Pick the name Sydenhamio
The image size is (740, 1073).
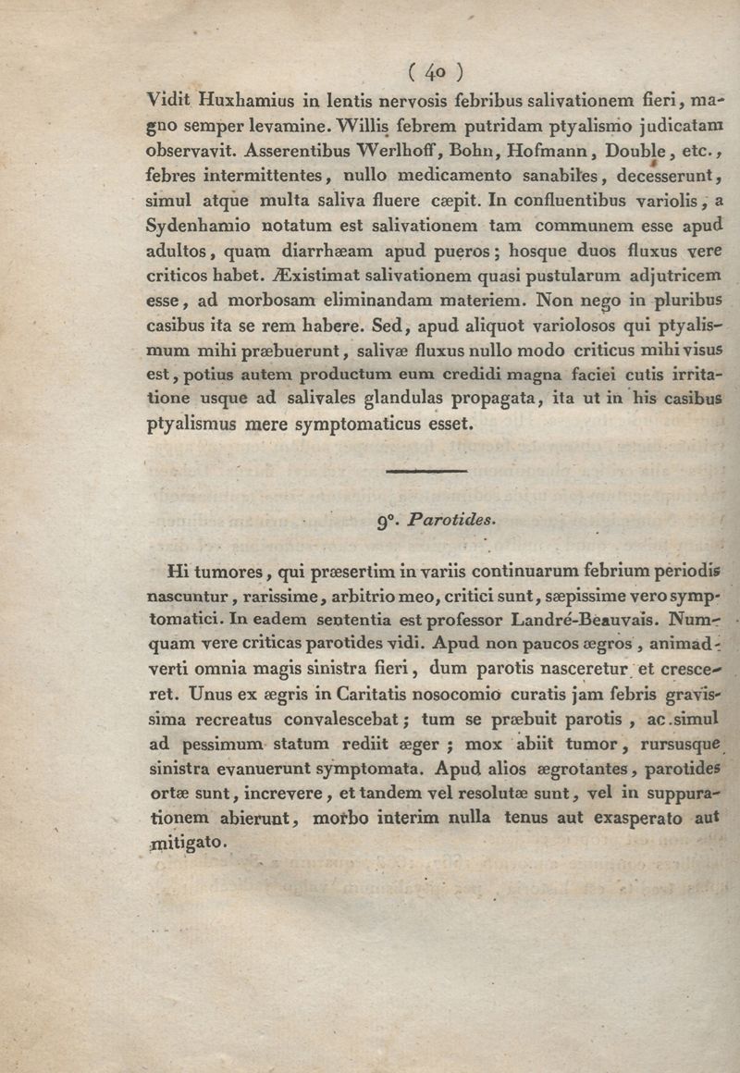[197, 225]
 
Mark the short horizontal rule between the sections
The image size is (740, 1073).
[425, 472]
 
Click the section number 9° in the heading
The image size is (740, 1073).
[386, 520]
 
